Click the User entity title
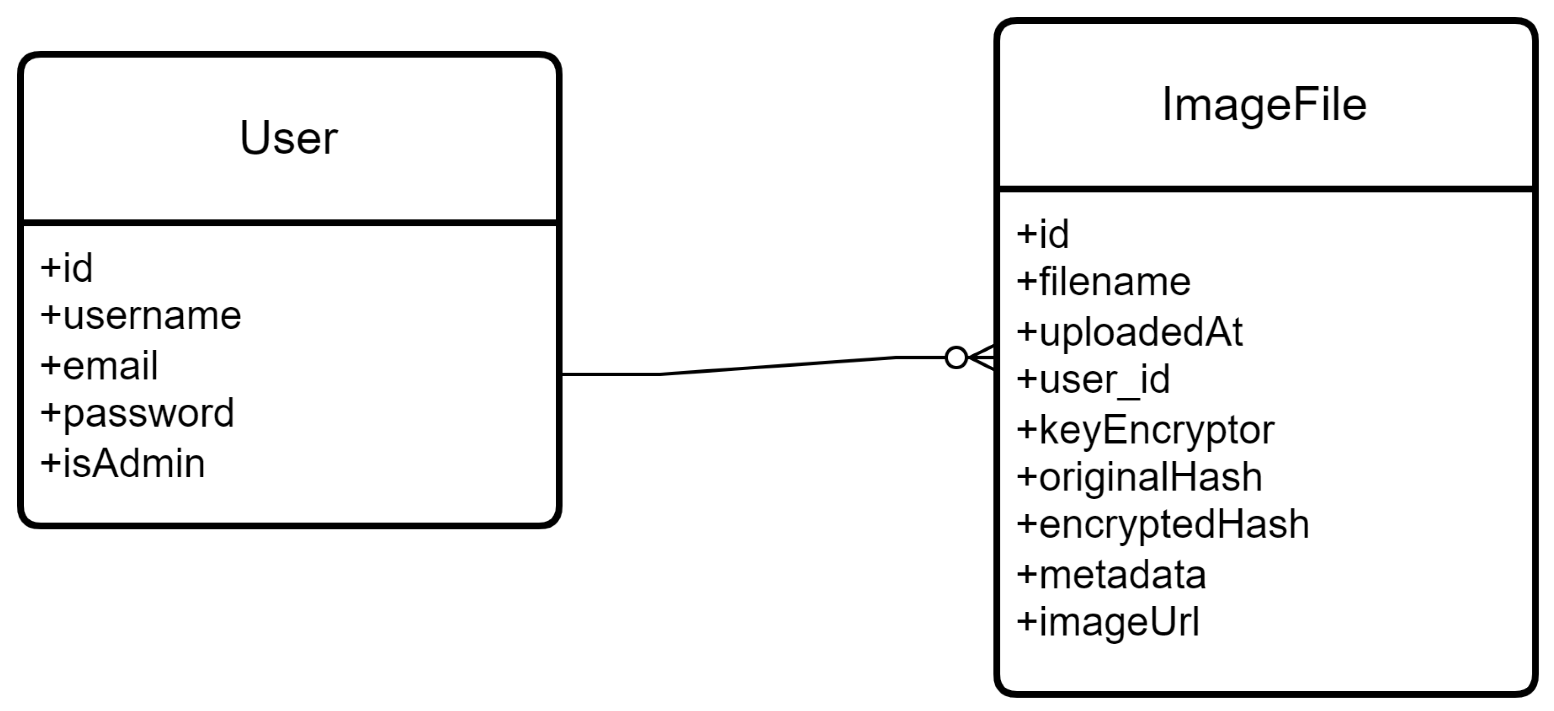coord(288,138)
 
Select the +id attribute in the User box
coord(67,268)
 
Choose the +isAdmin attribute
coord(122,463)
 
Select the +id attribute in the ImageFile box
coord(1043,234)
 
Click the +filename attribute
coord(1103,282)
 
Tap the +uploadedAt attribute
coord(1129,332)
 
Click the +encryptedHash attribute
coord(1162,525)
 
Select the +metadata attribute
coord(1111,575)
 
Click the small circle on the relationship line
coord(956,357)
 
